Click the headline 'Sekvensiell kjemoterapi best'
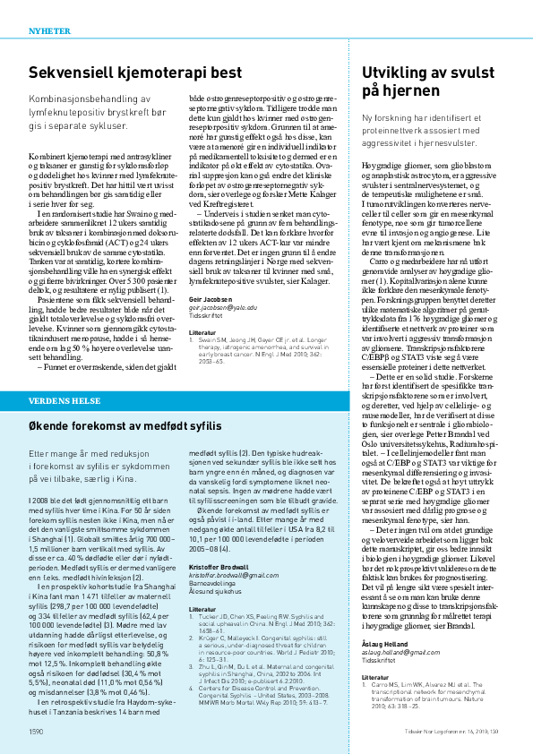[134, 73]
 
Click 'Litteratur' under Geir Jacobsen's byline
[203, 331]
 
